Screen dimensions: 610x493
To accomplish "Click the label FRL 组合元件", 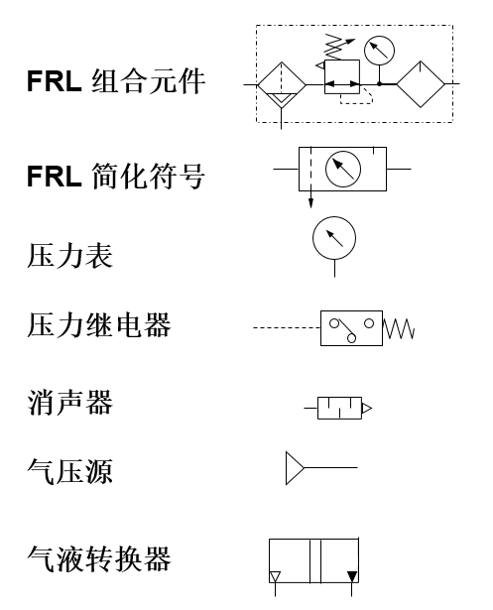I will click(x=115, y=81).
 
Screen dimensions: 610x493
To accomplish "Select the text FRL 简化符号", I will click(x=115, y=177).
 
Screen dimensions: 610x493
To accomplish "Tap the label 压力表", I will click(x=69, y=255).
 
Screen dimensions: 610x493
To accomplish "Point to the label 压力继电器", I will click(x=99, y=324).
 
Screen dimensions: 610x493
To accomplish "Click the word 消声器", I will click(x=69, y=403).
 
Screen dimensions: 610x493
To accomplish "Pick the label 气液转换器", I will click(x=99, y=558).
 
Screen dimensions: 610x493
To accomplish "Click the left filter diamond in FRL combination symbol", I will click(x=282, y=85).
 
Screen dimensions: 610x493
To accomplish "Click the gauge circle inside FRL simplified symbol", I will click(x=343, y=170).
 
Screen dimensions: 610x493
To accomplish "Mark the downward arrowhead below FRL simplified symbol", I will click(x=310, y=204).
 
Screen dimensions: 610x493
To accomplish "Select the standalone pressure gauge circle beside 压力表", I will click(x=333, y=238).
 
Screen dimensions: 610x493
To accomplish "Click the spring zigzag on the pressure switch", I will click(x=399, y=328).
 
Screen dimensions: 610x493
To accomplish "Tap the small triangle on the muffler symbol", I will click(x=367, y=408).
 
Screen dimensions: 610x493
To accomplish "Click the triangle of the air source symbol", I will click(x=295, y=468).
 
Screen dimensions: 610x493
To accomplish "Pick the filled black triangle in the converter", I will click(x=351, y=576).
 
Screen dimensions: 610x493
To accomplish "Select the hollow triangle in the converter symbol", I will click(x=276, y=576).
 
